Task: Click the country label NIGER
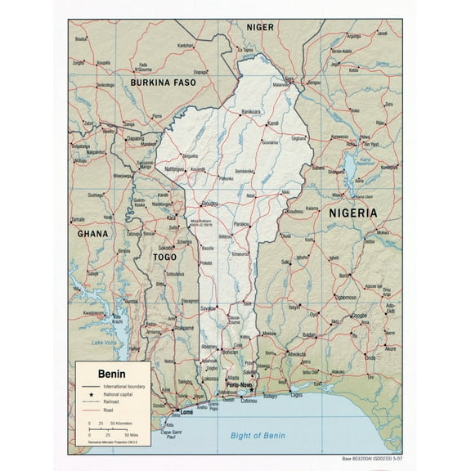[260, 27]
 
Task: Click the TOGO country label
[165, 257]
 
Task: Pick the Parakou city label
[241, 223]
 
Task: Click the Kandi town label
[273, 124]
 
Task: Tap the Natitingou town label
[175, 168]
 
